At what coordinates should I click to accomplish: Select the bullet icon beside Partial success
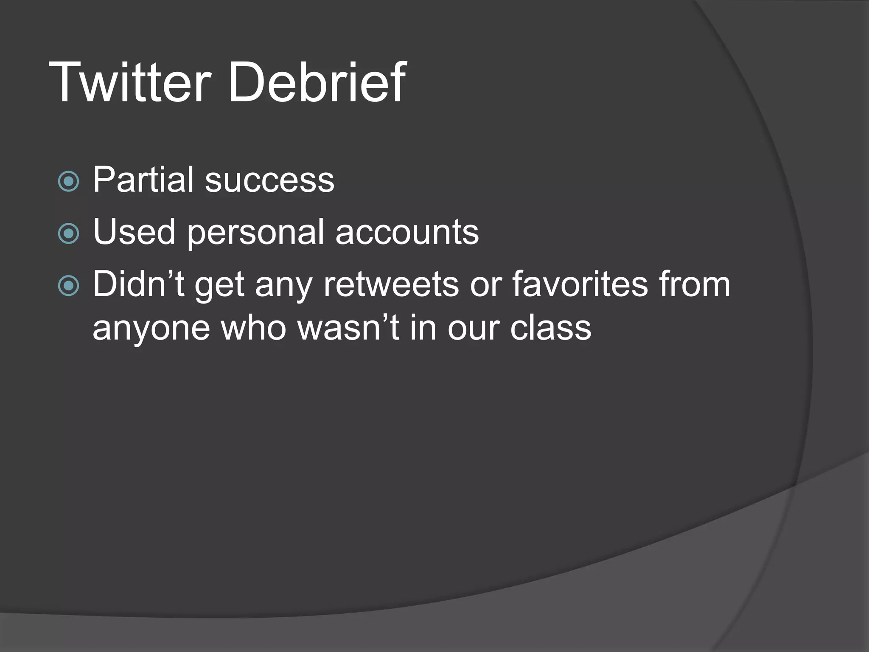pyautogui.click(x=68, y=182)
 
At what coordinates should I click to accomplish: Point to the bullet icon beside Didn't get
pyautogui.click(x=68, y=286)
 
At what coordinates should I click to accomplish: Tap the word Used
pyautogui.click(x=134, y=232)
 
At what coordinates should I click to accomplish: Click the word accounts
pyautogui.click(x=407, y=233)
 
